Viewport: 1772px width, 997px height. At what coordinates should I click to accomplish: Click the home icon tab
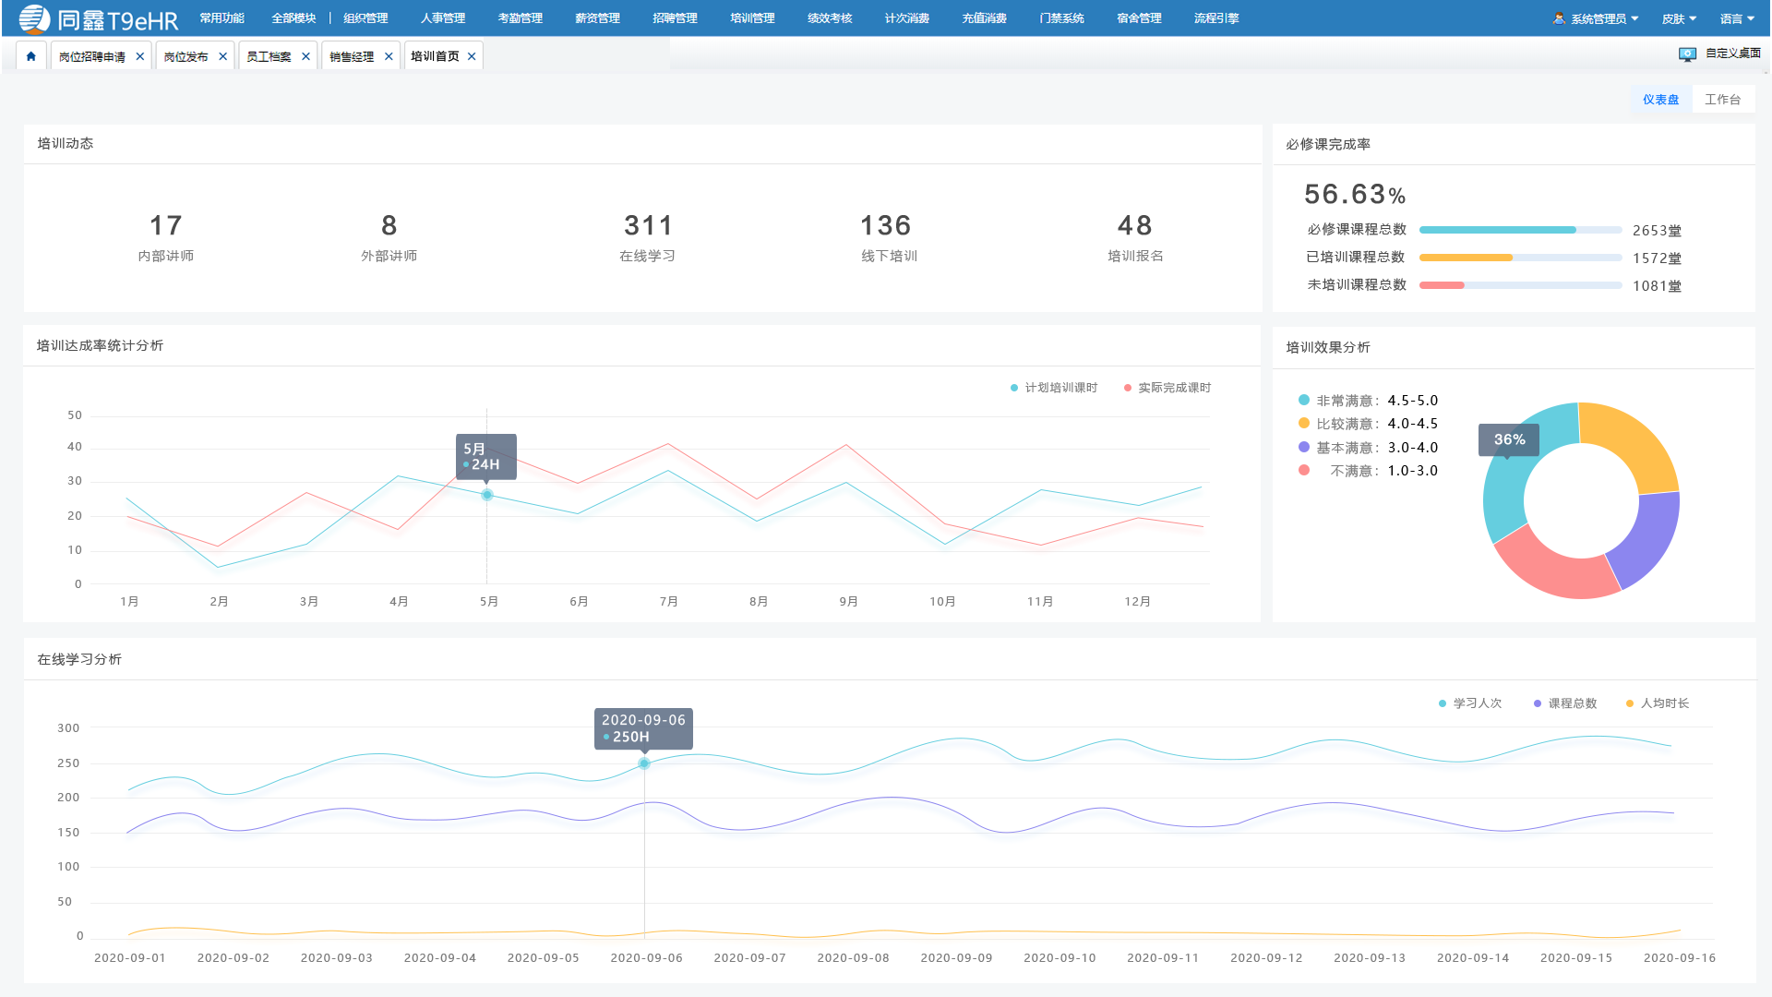[30, 56]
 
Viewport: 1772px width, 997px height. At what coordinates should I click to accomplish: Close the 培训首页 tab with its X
[472, 56]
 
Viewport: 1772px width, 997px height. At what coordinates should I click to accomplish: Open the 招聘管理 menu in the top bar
[675, 18]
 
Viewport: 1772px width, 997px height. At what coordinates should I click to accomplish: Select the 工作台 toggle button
[1722, 100]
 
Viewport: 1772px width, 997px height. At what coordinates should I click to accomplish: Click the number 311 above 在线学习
[648, 225]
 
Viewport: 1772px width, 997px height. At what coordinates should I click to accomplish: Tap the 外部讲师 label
[389, 256]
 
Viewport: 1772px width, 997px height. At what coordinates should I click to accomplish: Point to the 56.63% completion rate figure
[1355, 194]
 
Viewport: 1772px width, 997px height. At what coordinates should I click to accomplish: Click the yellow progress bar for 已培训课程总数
[1466, 258]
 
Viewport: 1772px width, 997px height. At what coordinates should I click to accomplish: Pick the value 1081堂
[1657, 286]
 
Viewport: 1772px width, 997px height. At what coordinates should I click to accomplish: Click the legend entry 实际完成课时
[1167, 388]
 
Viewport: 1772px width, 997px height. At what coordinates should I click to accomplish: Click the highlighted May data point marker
[487, 495]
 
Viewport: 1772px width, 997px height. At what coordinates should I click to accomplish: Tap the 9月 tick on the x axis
[848, 602]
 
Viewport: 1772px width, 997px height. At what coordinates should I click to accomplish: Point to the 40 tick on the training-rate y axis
[75, 447]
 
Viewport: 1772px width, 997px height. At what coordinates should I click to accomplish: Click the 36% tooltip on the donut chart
[1509, 439]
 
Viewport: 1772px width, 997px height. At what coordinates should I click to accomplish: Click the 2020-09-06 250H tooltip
[643, 728]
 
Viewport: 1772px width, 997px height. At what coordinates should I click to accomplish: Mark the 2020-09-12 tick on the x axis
[1266, 958]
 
